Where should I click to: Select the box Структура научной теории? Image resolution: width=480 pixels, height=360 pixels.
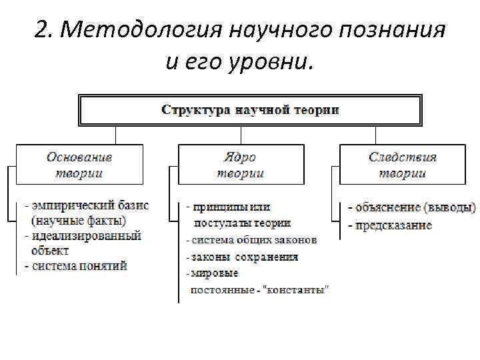250,110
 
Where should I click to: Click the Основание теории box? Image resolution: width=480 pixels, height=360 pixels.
79,165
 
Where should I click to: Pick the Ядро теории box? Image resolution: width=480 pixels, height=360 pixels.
240,165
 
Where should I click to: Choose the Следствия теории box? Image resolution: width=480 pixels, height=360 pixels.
402,165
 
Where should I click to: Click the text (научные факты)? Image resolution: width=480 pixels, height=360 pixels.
79,219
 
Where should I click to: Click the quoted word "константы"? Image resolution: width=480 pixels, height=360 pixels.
299,290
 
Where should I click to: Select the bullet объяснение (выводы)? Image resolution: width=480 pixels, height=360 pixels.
411,207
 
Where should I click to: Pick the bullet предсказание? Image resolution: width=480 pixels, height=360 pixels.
390,225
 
